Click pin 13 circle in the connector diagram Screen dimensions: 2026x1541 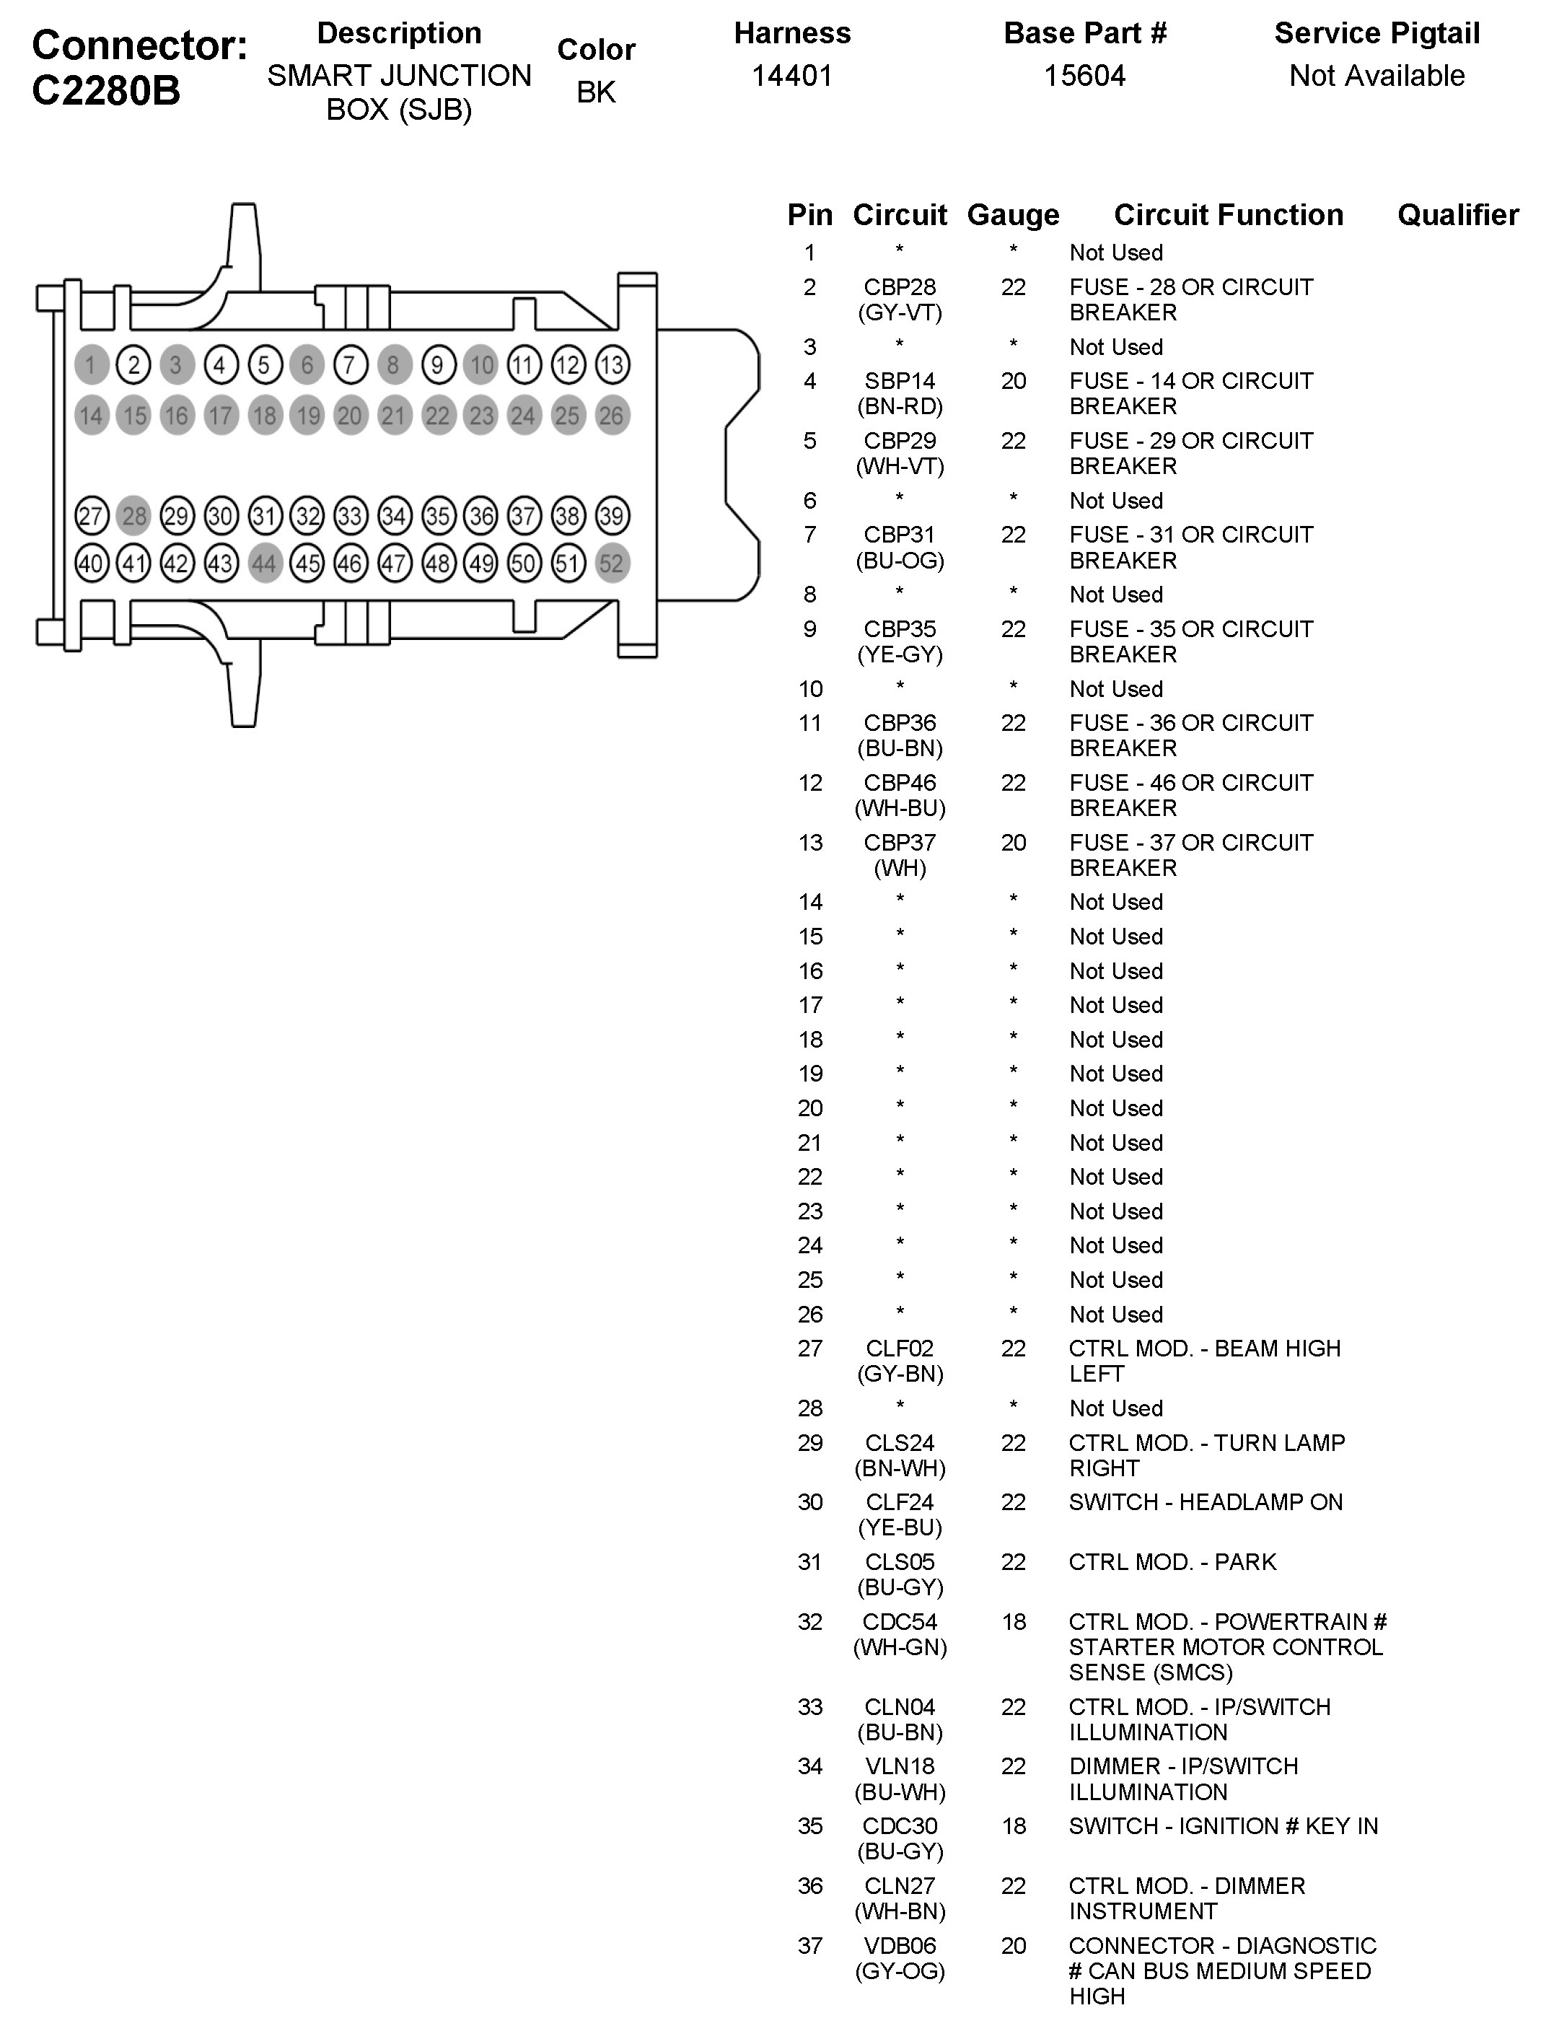click(x=612, y=365)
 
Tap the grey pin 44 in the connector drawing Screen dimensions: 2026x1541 click(x=264, y=563)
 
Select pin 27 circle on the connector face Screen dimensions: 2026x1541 click(x=91, y=515)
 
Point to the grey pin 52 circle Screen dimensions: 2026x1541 click(x=612, y=563)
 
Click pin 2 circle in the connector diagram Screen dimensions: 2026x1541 click(x=134, y=365)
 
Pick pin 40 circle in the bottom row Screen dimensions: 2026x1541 click(x=91, y=563)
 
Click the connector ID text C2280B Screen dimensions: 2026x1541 click(x=106, y=91)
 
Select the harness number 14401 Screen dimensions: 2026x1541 click(x=791, y=75)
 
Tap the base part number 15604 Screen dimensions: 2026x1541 click(x=1084, y=75)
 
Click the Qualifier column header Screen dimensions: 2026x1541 click(x=1457, y=214)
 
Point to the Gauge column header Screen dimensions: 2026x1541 click(x=1013, y=214)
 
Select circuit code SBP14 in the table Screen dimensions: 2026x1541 click(x=900, y=381)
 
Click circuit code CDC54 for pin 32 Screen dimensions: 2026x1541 click(x=900, y=1621)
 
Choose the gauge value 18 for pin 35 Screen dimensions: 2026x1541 click(x=1013, y=1826)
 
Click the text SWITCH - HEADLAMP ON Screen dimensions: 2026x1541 click(x=1206, y=1502)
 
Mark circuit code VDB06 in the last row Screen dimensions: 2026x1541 click(x=900, y=1945)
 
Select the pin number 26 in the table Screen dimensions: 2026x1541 click(x=810, y=1315)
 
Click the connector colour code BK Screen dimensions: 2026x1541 click(x=596, y=92)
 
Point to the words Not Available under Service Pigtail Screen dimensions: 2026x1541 click(x=1377, y=75)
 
